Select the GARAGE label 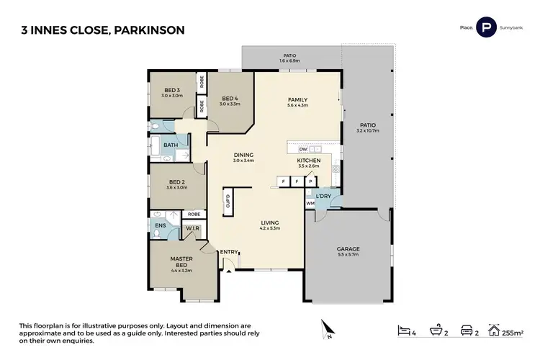coord(348,250)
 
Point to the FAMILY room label coord(298,100)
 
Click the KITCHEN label coord(308,161)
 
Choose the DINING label coord(243,155)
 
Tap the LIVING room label coord(270,223)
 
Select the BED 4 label coord(230,99)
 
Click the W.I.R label coord(192,229)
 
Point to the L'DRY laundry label coord(323,197)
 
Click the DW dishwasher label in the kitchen coord(293,148)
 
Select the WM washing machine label coord(310,203)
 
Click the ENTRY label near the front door coord(229,251)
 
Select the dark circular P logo coord(487,28)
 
